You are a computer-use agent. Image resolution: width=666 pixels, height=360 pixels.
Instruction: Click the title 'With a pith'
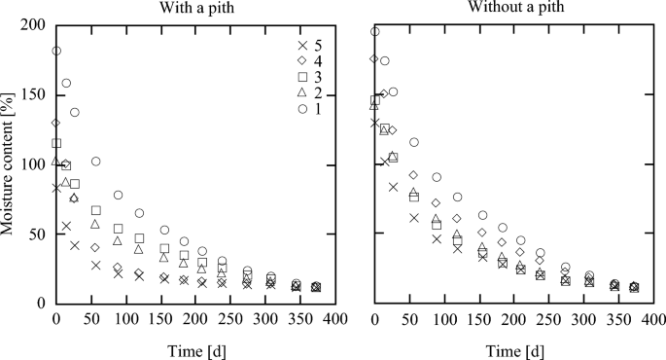click(195, 9)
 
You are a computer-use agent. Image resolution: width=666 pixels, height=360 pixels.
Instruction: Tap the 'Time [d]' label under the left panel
click(195, 348)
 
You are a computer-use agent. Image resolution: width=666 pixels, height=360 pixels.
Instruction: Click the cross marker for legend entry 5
click(302, 47)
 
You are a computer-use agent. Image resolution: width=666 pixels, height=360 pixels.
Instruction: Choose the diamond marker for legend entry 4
click(302, 61)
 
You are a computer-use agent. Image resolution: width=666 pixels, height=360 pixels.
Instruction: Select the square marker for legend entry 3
click(302, 77)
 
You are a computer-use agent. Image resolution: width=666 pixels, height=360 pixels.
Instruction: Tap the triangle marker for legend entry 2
click(302, 92)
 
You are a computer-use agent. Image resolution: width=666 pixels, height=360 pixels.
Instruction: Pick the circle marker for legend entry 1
click(302, 109)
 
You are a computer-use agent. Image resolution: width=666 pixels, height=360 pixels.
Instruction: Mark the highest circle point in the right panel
click(375, 31)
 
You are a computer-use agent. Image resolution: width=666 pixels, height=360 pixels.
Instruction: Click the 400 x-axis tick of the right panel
click(652, 319)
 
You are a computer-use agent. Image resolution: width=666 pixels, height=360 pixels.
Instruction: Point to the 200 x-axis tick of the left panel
click(195, 319)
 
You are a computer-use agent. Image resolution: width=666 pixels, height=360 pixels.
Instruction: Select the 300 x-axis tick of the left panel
click(264, 319)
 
